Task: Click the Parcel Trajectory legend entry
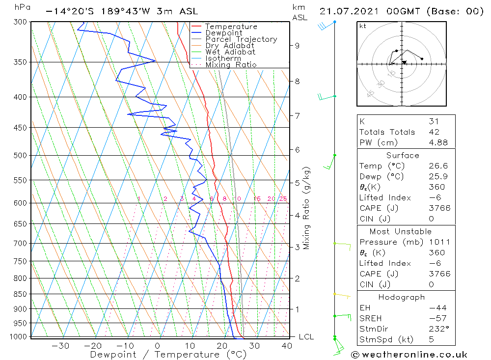tap(241, 39)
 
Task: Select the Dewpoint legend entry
tap(223, 33)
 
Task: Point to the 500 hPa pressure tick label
tap(21, 156)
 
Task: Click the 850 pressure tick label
tap(21, 294)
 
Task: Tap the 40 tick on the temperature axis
tap(286, 346)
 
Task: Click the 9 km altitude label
tap(297, 46)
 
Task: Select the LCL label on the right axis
tap(306, 337)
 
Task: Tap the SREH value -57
tap(436, 318)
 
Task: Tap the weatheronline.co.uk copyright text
tap(409, 355)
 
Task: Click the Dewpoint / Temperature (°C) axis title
tap(161, 355)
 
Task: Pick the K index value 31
tap(434, 121)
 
